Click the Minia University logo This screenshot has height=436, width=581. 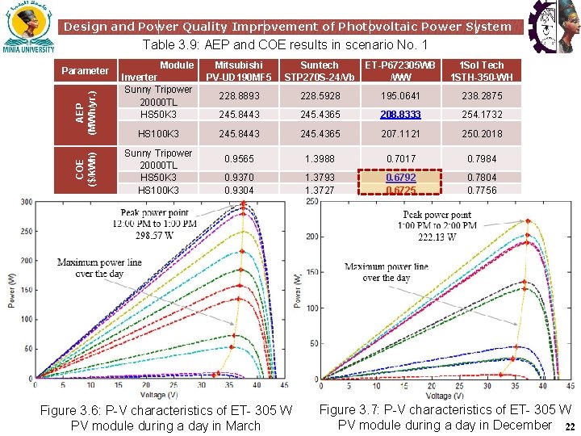29,30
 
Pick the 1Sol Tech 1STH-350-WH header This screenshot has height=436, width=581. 481,71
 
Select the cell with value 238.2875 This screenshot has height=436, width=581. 481,96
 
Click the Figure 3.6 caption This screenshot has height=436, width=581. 165,418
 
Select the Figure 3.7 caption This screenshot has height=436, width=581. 445,417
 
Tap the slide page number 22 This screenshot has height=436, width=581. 569,427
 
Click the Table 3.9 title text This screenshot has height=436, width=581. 285,45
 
